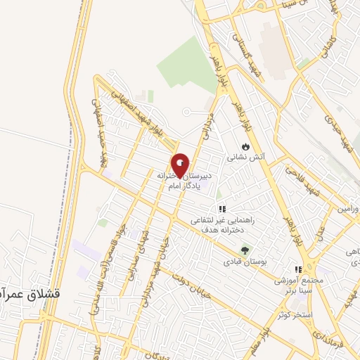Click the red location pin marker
click(x=181, y=165)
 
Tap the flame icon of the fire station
click(x=245, y=146)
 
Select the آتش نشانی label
click(x=252, y=158)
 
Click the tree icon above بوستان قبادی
click(x=245, y=250)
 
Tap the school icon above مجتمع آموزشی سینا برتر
click(x=298, y=269)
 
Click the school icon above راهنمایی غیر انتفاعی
click(x=222, y=209)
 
